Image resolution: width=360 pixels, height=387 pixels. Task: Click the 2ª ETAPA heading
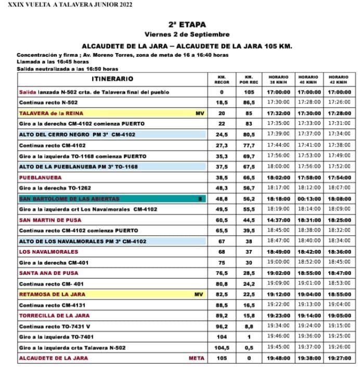tap(187, 24)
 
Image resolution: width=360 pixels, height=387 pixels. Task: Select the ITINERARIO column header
tap(112, 79)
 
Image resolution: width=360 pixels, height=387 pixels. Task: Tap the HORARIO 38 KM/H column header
tap(278, 79)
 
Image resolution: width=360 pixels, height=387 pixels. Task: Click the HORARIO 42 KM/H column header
tap(338, 79)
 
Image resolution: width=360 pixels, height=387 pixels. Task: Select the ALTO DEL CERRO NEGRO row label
tap(77, 134)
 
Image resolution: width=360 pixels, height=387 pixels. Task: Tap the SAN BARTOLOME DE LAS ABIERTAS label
tap(69, 198)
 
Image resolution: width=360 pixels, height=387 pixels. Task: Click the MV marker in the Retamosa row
tap(198, 294)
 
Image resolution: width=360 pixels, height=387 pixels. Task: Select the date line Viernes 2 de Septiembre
tap(187, 34)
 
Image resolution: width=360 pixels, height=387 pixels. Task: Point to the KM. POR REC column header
tap(249, 79)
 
